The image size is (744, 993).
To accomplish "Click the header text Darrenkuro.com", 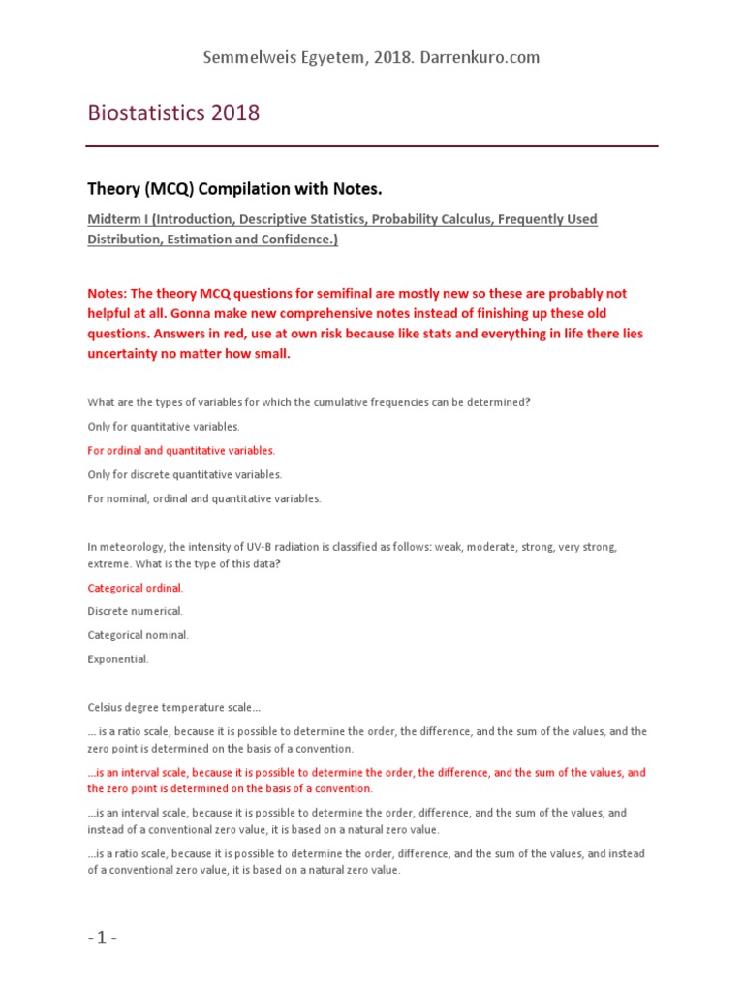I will [x=478, y=57].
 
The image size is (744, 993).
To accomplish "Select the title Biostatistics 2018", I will [x=173, y=112].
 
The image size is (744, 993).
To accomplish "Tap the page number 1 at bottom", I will [x=102, y=939].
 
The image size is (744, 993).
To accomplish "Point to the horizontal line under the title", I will [x=372, y=146].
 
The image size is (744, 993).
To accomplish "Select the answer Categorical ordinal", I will [x=135, y=588].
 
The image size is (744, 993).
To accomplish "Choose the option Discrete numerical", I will [x=135, y=611].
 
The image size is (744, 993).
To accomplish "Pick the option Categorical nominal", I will [x=138, y=635].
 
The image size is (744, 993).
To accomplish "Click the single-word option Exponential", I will [x=118, y=658].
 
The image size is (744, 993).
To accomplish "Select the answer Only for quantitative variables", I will [x=163, y=427].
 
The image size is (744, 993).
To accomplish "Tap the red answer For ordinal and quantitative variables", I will [x=181, y=450].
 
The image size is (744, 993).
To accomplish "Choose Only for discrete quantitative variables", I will [x=184, y=474].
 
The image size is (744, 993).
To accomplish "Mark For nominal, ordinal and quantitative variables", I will [x=203, y=498].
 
